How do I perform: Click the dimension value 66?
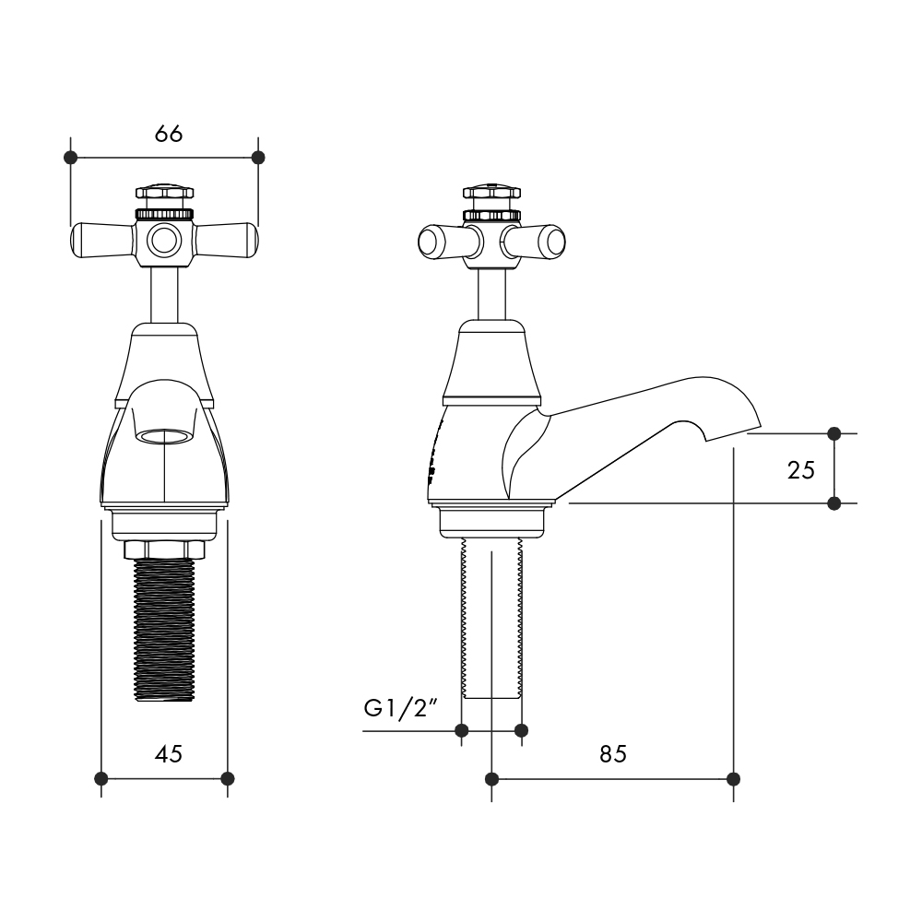click(169, 134)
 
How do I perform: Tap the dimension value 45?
click(169, 754)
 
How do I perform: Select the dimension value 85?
click(613, 754)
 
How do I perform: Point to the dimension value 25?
click(801, 470)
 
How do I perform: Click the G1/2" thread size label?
click(402, 708)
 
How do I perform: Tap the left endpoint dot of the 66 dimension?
click(70, 158)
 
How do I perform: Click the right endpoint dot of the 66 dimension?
click(258, 158)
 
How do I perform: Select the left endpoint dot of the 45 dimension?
click(101, 778)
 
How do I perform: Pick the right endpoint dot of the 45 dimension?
click(228, 778)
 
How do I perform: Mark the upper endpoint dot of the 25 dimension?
click(833, 434)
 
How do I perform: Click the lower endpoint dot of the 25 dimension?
click(833, 503)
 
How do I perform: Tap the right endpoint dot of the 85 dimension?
click(733, 779)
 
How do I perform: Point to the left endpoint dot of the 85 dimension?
click(492, 779)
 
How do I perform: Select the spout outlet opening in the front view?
click(164, 436)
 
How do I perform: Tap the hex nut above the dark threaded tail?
click(164, 550)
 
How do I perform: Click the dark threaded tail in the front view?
click(164, 630)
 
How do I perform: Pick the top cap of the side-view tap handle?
click(491, 193)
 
